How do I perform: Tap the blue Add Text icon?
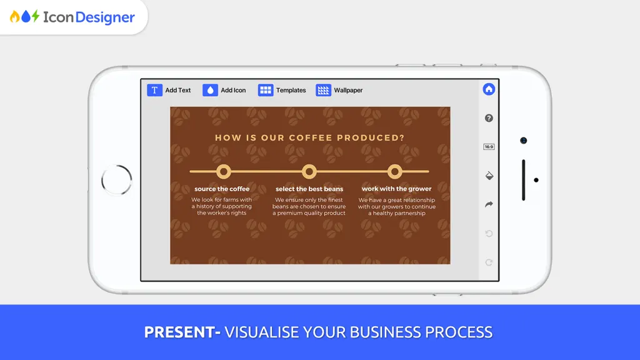click(155, 90)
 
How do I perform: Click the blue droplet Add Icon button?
click(210, 90)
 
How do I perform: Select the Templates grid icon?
click(266, 90)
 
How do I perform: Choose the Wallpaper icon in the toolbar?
click(323, 90)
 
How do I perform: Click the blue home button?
click(489, 89)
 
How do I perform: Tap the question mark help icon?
click(489, 118)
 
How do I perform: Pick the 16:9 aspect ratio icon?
click(489, 147)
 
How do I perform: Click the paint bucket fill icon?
click(489, 176)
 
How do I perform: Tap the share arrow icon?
click(489, 204)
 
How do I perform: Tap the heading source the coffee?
click(222, 189)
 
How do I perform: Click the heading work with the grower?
click(396, 189)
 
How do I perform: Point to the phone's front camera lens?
click(523, 141)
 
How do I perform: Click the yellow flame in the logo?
click(15, 16)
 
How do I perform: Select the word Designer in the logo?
click(105, 17)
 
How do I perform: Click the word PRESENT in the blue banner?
click(179, 332)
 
